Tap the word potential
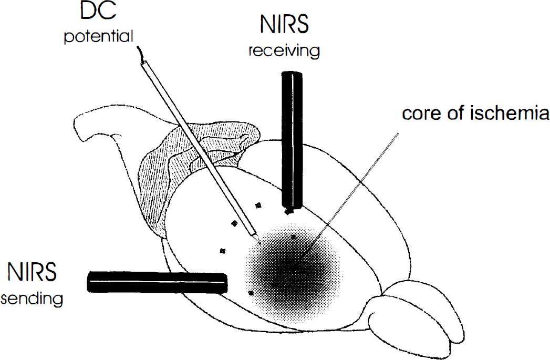point(99,36)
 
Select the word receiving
point(284,50)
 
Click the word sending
point(32,299)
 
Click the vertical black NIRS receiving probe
point(292,140)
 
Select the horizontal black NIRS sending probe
point(157,282)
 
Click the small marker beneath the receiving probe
point(288,212)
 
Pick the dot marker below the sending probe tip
point(251,292)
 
